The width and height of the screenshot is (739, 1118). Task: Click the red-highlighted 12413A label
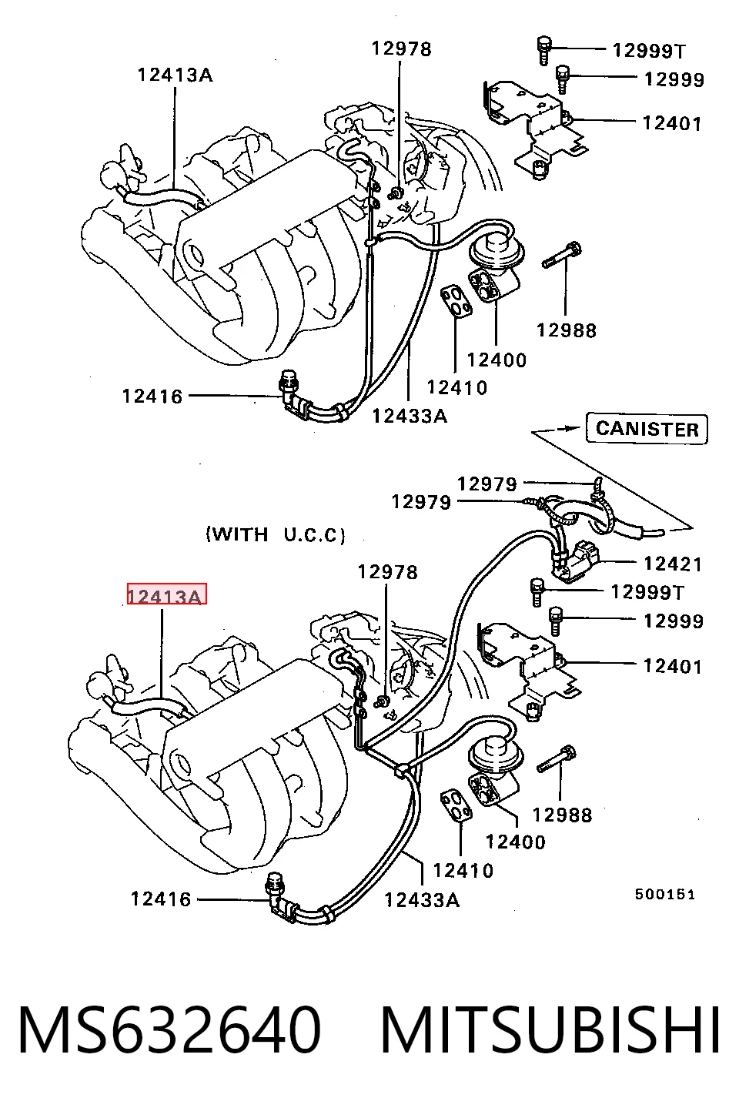tap(167, 594)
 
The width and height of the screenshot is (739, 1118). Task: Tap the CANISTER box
tap(647, 429)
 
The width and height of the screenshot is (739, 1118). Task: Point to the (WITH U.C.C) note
tap(276, 534)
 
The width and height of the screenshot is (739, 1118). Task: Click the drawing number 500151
tap(665, 894)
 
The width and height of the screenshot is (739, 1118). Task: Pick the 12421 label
tap(673, 564)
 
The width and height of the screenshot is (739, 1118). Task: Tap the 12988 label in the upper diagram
tap(567, 330)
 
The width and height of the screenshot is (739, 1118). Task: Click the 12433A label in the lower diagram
tap(422, 899)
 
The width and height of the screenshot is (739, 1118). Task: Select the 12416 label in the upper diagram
tap(152, 397)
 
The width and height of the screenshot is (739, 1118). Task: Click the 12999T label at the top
tap(649, 50)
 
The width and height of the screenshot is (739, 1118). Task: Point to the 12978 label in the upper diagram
tap(401, 49)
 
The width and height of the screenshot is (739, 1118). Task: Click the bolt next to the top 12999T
tap(544, 50)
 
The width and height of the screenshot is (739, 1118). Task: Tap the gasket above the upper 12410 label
tap(456, 300)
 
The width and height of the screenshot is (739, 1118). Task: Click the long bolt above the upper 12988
tap(563, 255)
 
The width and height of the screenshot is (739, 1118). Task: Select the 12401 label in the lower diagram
tap(673, 666)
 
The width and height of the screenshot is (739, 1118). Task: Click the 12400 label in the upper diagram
tap(497, 360)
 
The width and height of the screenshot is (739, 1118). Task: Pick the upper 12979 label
tap(487, 484)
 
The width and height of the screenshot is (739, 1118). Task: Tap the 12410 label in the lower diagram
tap(463, 870)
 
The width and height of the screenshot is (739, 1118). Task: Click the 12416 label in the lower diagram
tap(161, 899)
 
